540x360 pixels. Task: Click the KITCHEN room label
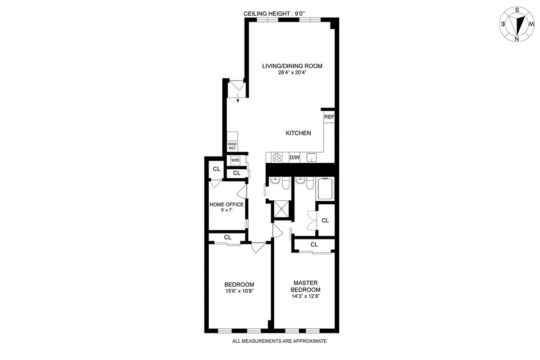(298, 133)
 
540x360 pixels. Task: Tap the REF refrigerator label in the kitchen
(329, 117)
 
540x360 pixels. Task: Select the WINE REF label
(232, 146)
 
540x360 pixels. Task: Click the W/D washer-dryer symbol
(235, 160)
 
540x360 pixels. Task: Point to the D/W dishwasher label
(294, 157)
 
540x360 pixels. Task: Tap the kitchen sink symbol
(312, 157)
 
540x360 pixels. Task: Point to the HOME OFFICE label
(227, 205)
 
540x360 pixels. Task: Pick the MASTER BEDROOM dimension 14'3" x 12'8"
(306, 296)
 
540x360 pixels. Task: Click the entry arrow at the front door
(238, 98)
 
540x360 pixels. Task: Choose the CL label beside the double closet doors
(325, 220)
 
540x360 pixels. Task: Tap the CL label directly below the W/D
(236, 173)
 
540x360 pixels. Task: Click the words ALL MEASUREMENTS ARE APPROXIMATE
(279, 341)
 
